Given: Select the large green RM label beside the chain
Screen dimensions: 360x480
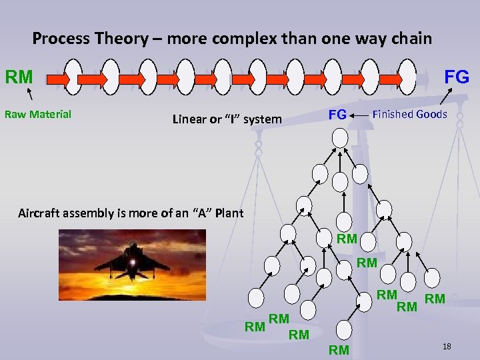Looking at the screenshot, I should coord(19,77).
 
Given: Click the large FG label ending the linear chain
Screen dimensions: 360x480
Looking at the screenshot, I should coord(457,77).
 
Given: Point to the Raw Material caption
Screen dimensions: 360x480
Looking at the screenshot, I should coord(38,114).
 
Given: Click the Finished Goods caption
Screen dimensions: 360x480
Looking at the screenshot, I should coord(409,114).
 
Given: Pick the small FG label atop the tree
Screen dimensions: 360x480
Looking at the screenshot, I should coord(337,115).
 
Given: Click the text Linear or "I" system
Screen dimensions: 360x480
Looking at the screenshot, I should coord(227,119).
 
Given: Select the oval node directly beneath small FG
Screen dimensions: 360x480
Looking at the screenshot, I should coord(340,137).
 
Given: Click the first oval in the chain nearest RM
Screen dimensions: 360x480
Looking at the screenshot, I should coord(73,77).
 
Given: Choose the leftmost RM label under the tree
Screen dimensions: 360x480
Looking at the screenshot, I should coord(255,327).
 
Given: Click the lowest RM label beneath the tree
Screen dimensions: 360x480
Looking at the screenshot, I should coord(339,350).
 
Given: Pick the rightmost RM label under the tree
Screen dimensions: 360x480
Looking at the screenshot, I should coord(435,299).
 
